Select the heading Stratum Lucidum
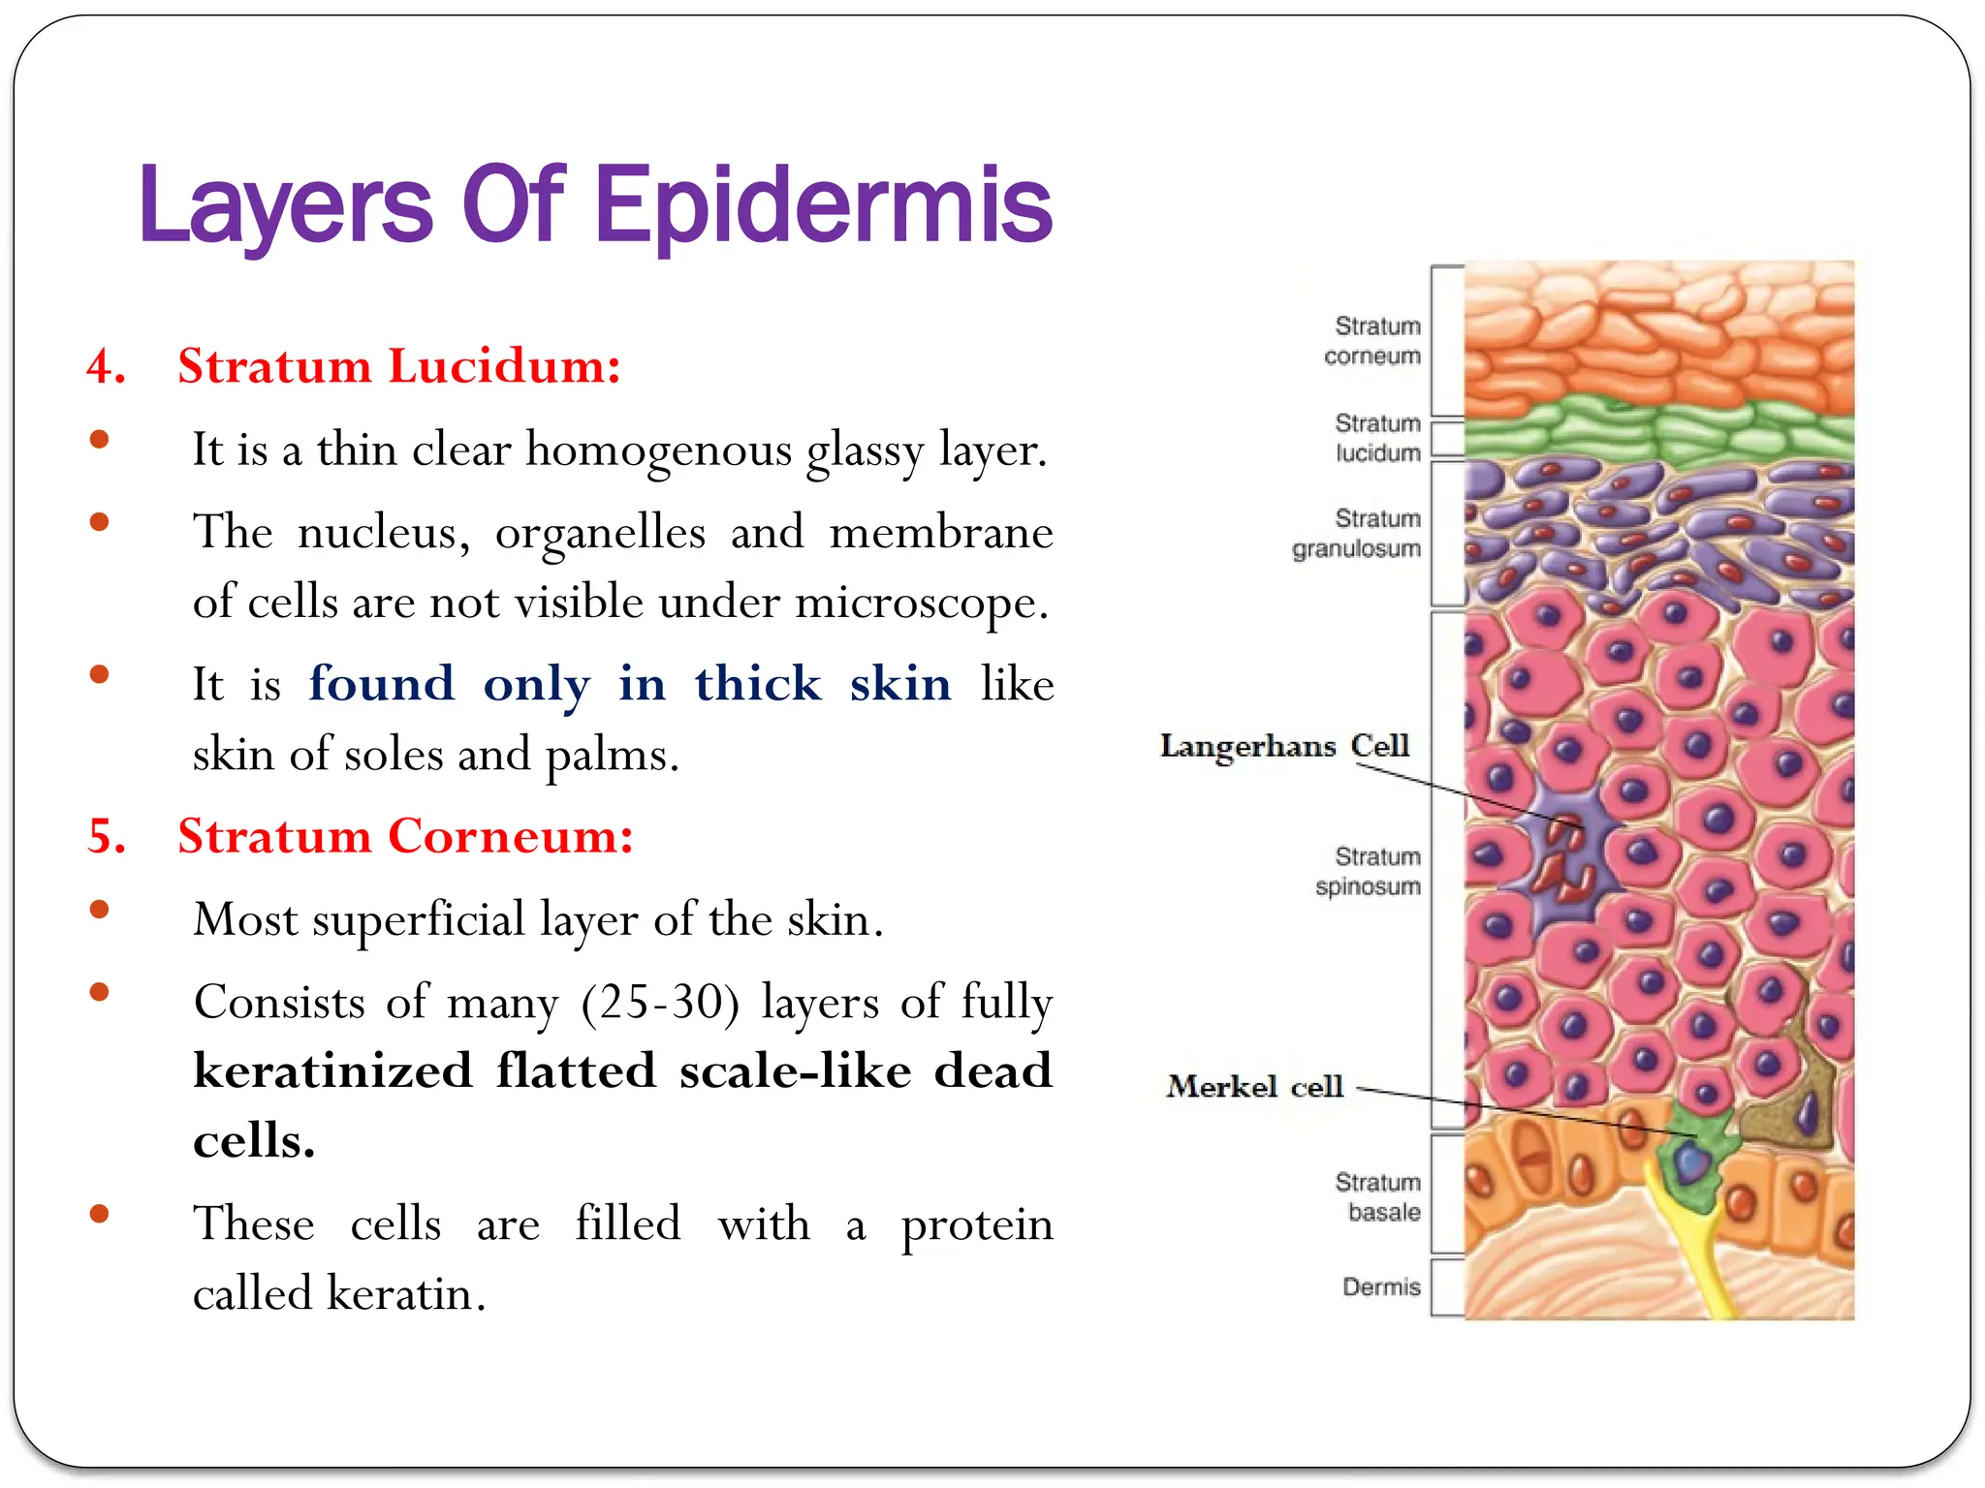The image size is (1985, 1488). (x=398, y=366)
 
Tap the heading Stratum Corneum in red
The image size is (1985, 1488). (x=405, y=836)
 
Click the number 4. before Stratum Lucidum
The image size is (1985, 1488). (x=106, y=367)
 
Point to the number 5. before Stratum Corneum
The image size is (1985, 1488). (x=107, y=836)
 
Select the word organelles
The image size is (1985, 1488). (x=600, y=532)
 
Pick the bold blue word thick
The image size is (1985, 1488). (x=758, y=684)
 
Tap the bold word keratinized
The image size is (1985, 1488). (x=332, y=1070)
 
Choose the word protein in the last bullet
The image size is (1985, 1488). (x=976, y=1224)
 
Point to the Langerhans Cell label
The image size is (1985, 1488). (x=1284, y=745)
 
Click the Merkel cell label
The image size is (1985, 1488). (x=1255, y=1086)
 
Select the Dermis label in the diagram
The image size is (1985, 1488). (x=1381, y=1286)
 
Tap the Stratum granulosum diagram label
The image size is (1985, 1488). (x=1357, y=534)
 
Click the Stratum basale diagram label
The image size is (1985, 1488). (x=1377, y=1197)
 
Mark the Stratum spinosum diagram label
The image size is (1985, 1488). (x=1368, y=872)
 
